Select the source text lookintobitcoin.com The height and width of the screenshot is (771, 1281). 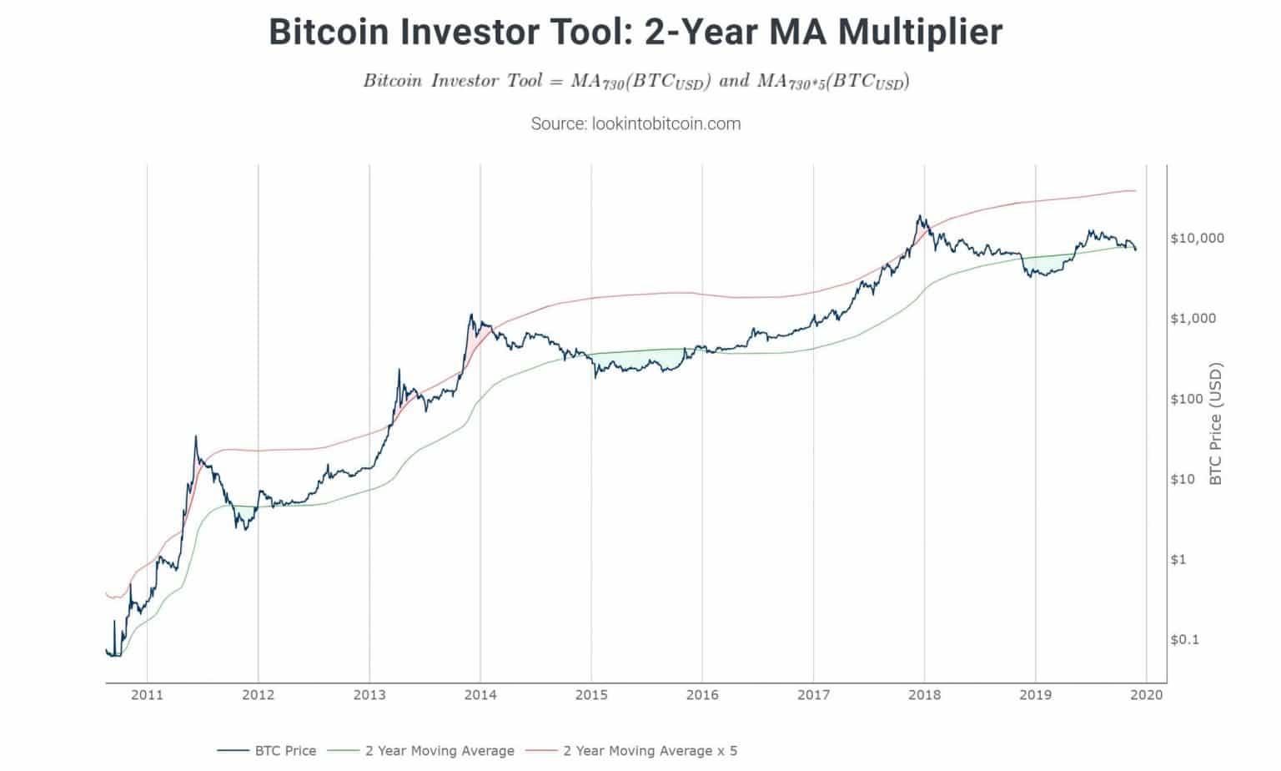[635, 123]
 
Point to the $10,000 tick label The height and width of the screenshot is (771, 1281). [1197, 238]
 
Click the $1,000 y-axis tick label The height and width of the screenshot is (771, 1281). [1193, 318]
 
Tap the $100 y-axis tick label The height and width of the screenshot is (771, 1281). [1187, 399]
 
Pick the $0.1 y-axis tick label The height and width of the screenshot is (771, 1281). [1185, 639]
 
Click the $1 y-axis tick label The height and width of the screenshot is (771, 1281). [1178, 559]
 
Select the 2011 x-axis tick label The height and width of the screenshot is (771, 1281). [147, 694]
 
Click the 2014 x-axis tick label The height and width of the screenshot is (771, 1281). [480, 694]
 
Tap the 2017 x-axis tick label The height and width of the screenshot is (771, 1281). [813, 694]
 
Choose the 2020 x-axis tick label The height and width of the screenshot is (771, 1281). [1146, 694]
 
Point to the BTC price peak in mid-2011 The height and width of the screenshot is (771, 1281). [196, 436]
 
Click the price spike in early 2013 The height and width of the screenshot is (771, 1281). [399, 370]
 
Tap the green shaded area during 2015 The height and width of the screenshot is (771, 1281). [634, 360]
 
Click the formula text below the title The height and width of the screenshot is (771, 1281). [635, 81]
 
